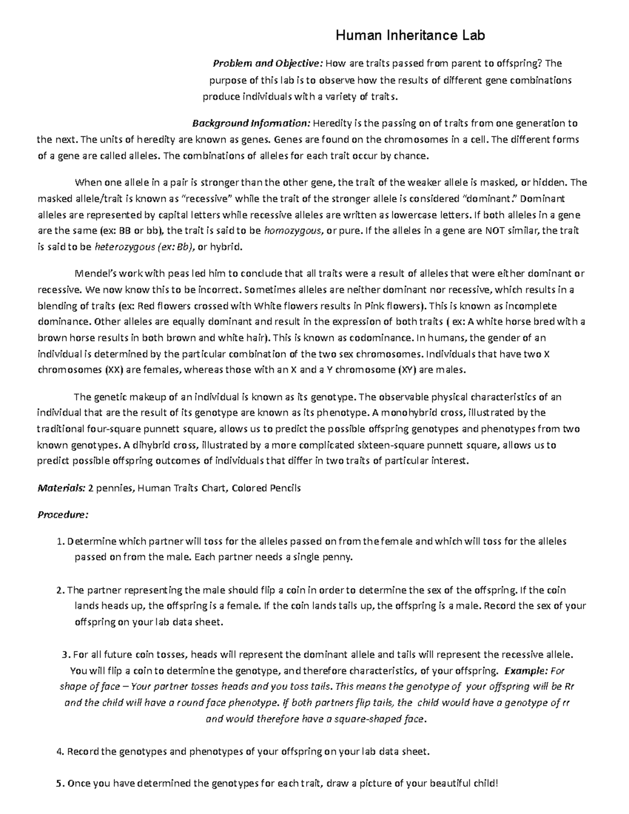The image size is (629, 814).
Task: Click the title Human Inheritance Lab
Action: point(410,36)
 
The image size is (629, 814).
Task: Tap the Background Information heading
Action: point(252,124)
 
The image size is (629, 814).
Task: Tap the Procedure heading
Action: point(63,515)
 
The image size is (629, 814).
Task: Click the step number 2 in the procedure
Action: point(59,590)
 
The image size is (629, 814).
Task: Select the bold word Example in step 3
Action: point(524,671)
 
